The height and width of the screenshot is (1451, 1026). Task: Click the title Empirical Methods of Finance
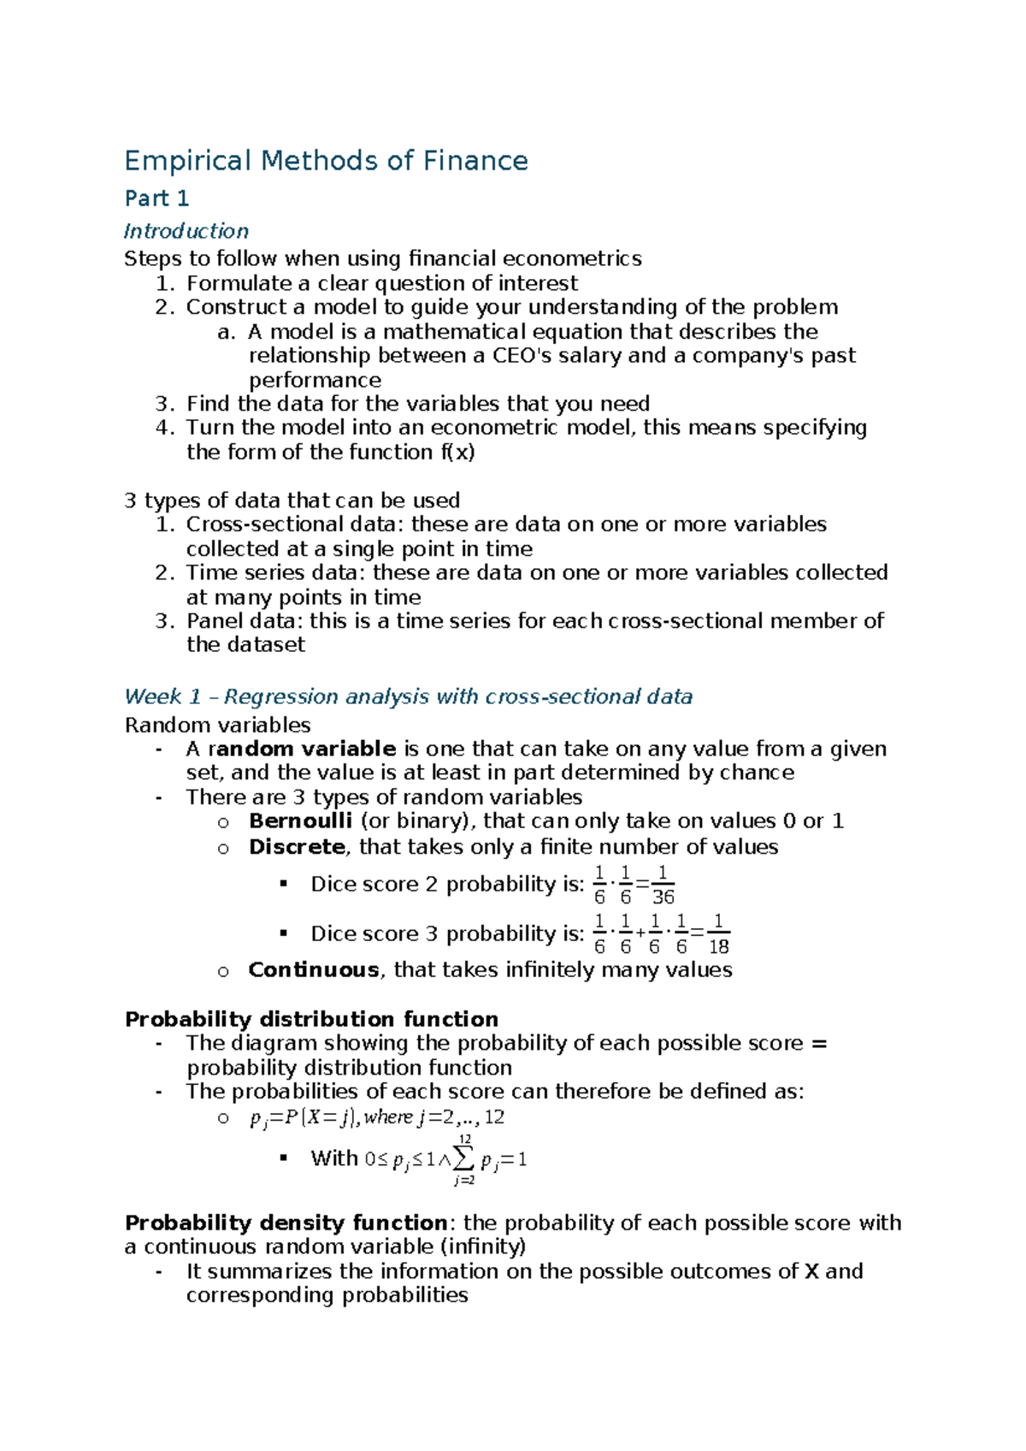(x=326, y=161)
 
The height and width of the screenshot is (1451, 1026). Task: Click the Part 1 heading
(x=156, y=198)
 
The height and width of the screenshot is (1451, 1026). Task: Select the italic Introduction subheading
(x=186, y=231)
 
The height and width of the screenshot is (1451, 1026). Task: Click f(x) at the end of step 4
(x=457, y=453)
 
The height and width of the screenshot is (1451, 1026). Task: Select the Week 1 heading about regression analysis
(x=408, y=697)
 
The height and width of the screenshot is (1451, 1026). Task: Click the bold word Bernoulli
(x=300, y=821)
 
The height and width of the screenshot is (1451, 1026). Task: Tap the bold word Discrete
(x=297, y=847)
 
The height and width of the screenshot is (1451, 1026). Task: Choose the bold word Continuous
(x=313, y=970)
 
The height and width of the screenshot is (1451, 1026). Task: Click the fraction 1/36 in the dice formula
(x=663, y=885)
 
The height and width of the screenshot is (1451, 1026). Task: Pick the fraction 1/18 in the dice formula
(x=718, y=935)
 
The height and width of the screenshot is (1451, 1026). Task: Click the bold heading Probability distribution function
(x=311, y=1020)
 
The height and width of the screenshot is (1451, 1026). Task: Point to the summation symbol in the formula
(x=463, y=1160)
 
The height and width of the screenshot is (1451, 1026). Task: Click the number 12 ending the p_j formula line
(x=494, y=1117)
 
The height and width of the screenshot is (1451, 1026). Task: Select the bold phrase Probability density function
(x=286, y=1223)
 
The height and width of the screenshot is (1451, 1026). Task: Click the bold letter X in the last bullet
(x=812, y=1271)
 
